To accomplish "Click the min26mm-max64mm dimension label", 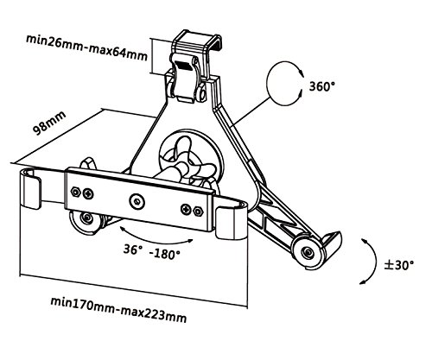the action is (86, 47).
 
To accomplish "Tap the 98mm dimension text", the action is (49, 123).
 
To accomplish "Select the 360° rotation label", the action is (322, 86).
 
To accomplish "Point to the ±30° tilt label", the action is (399, 265).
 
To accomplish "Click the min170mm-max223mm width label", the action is (118, 310).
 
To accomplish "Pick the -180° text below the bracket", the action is (165, 254).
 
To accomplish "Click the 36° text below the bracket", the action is (133, 249).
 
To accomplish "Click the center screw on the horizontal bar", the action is (137, 201).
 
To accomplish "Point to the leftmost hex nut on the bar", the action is (75, 192).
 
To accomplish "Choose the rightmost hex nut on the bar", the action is (198, 212).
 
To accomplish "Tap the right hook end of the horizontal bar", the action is (231, 221).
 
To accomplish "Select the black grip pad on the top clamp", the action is (184, 66).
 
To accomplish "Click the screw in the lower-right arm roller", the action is (308, 252).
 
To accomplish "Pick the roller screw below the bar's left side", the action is (86, 218).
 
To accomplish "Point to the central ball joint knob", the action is (187, 161).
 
